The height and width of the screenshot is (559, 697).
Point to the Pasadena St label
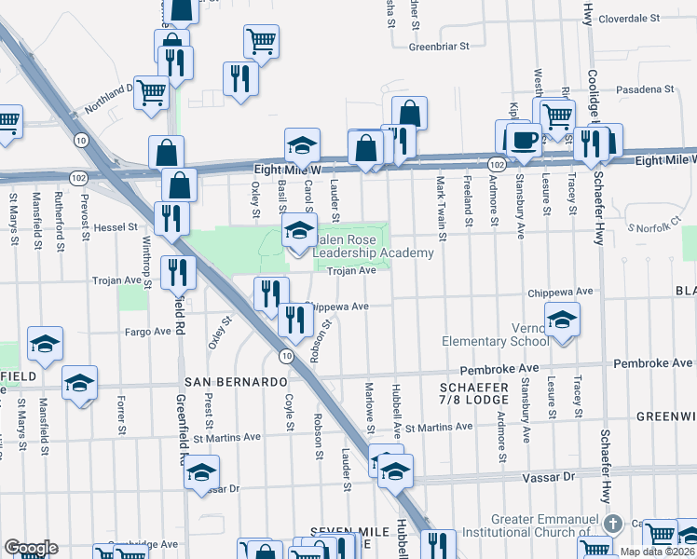[x=643, y=89]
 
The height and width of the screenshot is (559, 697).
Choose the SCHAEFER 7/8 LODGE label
[x=474, y=394]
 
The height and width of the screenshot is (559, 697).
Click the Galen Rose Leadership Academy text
[x=374, y=246]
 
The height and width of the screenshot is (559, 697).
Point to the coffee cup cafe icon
[x=522, y=140]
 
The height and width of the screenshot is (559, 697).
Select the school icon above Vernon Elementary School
[x=562, y=320]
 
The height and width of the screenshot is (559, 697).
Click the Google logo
[x=31, y=548]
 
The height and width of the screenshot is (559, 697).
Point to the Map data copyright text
[x=658, y=552]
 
